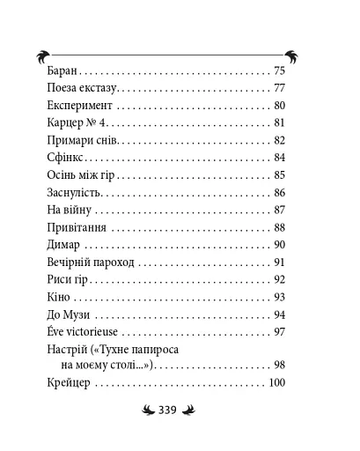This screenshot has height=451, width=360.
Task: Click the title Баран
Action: (x=59, y=70)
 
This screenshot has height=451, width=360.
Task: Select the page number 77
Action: (x=280, y=89)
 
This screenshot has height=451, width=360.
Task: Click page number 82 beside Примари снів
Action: (x=280, y=141)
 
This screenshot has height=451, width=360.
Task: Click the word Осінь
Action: (x=58, y=175)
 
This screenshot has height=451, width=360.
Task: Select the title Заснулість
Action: (x=73, y=192)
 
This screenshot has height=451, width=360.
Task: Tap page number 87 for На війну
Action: (x=280, y=210)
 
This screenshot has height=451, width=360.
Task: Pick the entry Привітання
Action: (x=74, y=227)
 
